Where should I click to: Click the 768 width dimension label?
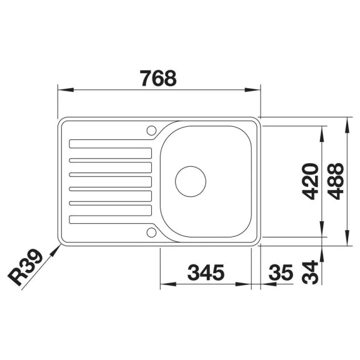158,78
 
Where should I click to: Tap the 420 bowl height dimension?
310,181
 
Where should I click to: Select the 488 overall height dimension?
336,181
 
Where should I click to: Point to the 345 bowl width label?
206,272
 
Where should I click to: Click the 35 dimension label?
281,272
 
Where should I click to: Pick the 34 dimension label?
310,272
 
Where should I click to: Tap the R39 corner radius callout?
25,267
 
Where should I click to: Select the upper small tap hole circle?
151,131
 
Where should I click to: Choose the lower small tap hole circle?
151,232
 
